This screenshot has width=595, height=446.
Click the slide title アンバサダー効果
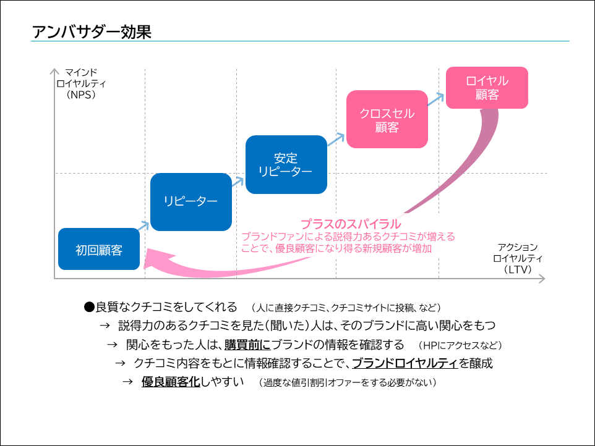91,32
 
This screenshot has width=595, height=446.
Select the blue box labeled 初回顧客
99,250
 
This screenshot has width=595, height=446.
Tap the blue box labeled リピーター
190,202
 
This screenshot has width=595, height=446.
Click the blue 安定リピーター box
285,164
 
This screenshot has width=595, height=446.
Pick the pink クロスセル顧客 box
387,120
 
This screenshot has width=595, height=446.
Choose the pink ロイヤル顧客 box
487,88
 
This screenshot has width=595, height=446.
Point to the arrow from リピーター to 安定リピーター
239,179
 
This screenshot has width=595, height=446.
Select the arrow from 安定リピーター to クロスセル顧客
336,140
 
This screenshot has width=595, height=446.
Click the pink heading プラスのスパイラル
351,224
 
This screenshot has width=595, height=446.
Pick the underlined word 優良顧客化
171,382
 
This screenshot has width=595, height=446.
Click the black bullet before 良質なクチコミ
88,307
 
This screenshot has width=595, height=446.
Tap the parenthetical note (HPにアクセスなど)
460,345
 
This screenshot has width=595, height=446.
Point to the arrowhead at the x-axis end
541,279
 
